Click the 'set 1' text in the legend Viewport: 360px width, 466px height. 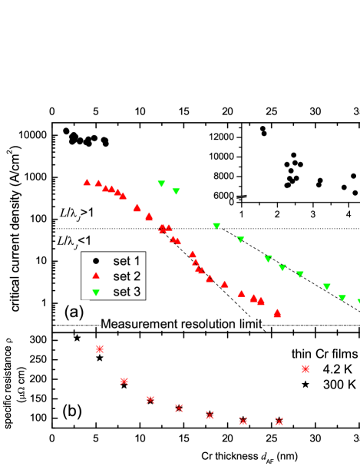coord(127,262)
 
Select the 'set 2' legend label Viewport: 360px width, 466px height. coord(127,276)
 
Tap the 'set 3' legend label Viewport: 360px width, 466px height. coord(127,292)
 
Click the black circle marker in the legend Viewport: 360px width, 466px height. coord(96,262)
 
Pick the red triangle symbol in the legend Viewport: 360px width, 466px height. coord(96,276)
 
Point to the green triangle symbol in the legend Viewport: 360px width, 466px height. coord(96,292)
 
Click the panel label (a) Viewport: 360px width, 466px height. coord(74,312)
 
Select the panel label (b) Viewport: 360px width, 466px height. coord(71,411)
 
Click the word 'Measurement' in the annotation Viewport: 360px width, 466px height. coord(138,325)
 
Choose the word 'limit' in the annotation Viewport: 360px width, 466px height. coord(251,325)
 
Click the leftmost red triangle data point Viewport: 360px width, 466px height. coord(87,182)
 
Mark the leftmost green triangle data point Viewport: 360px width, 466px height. coord(161,183)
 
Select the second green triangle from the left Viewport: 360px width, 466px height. coord(176,191)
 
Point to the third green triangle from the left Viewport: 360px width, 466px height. coord(216,226)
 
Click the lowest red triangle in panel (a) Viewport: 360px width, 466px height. coord(277,313)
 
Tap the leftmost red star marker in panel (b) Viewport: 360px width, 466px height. coord(99,349)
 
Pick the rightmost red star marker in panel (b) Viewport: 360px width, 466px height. coord(306,369)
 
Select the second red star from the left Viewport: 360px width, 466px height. coord(124,381)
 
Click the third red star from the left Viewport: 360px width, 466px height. coord(150,399)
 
